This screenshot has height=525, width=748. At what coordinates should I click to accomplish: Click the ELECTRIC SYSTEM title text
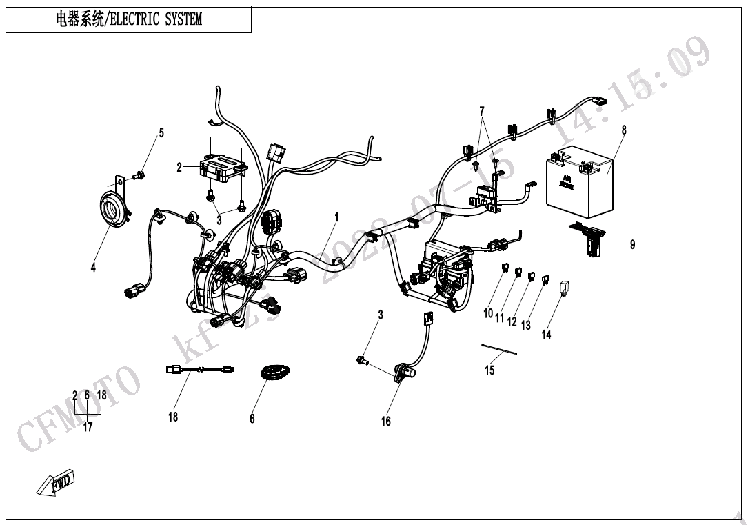129,19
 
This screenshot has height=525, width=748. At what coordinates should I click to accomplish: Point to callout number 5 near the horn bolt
162,133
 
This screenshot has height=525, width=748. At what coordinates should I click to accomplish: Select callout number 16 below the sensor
386,421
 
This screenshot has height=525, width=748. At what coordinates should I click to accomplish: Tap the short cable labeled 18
200,370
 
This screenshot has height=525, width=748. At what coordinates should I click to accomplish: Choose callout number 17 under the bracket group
88,427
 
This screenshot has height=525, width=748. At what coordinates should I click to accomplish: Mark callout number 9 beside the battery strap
632,244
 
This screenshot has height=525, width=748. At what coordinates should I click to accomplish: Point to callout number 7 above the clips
482,111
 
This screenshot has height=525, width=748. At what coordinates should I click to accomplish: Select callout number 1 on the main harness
336,217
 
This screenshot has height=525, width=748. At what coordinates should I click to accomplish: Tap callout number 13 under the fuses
526,325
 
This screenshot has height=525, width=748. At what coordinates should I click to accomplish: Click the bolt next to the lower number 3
361,360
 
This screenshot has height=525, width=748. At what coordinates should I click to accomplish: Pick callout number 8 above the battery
624,129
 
